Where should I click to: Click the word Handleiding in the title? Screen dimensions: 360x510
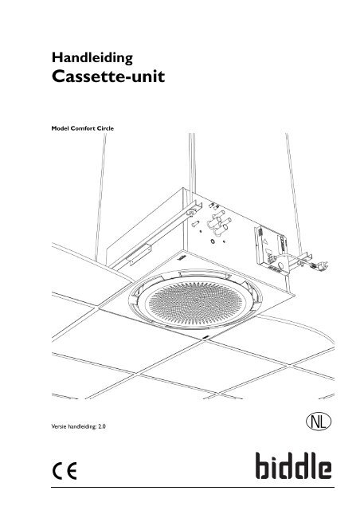pyautogui.click(x=92, y=58)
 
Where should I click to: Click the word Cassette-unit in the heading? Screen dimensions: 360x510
pyautogui.click(x=108, y=76)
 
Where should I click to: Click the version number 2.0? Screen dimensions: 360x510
pyautogui.click(x=102, y=426)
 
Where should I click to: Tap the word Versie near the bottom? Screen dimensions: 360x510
pyautogui.click(x=57, y=426)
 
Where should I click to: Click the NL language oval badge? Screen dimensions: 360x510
pyautogui.click(x=319, y=422)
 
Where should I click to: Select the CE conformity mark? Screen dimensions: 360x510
pyautogui.click(x=65, y=471)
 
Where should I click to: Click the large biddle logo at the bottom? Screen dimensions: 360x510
pyautogui.click(x=293, y=465)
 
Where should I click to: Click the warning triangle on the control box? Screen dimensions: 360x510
pyautogui.click(x=265, y=241)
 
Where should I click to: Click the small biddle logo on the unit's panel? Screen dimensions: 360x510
pyautogui.click(x=181, y=258)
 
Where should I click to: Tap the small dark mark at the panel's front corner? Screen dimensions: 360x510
pyautogui.click(x=205, y=338)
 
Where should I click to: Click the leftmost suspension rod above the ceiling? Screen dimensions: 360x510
pyautogui.click(x=100, y=197)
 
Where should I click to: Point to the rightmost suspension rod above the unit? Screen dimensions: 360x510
pyautogui.click(x=295, y=192)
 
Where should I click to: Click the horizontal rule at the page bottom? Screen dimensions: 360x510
pyautogui.click(x=193, y=487)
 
